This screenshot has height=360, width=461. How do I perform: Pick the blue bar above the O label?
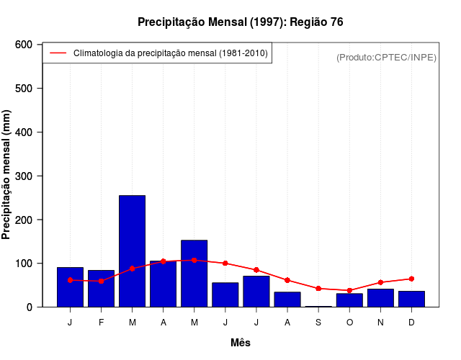(349, 300)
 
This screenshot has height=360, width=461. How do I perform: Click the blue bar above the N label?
(380, 298)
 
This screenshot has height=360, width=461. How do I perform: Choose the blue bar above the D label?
(411, 299)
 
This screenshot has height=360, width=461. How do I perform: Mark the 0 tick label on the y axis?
(30, 307)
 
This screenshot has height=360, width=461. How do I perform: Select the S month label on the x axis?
(318, 323)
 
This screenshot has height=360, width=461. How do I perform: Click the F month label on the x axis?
(101, 323)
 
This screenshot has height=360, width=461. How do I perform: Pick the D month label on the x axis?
(411, 323)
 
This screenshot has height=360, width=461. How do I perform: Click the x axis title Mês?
(240, 343)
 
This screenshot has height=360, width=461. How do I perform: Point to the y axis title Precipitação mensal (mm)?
(7, 175)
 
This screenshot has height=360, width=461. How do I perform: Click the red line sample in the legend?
(58, 53)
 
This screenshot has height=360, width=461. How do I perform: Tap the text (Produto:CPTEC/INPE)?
(386, 57)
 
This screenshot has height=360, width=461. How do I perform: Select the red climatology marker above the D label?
(411, 279)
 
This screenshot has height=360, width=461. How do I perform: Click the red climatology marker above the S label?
(318, 288)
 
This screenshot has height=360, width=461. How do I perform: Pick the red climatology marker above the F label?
(101, 281)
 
